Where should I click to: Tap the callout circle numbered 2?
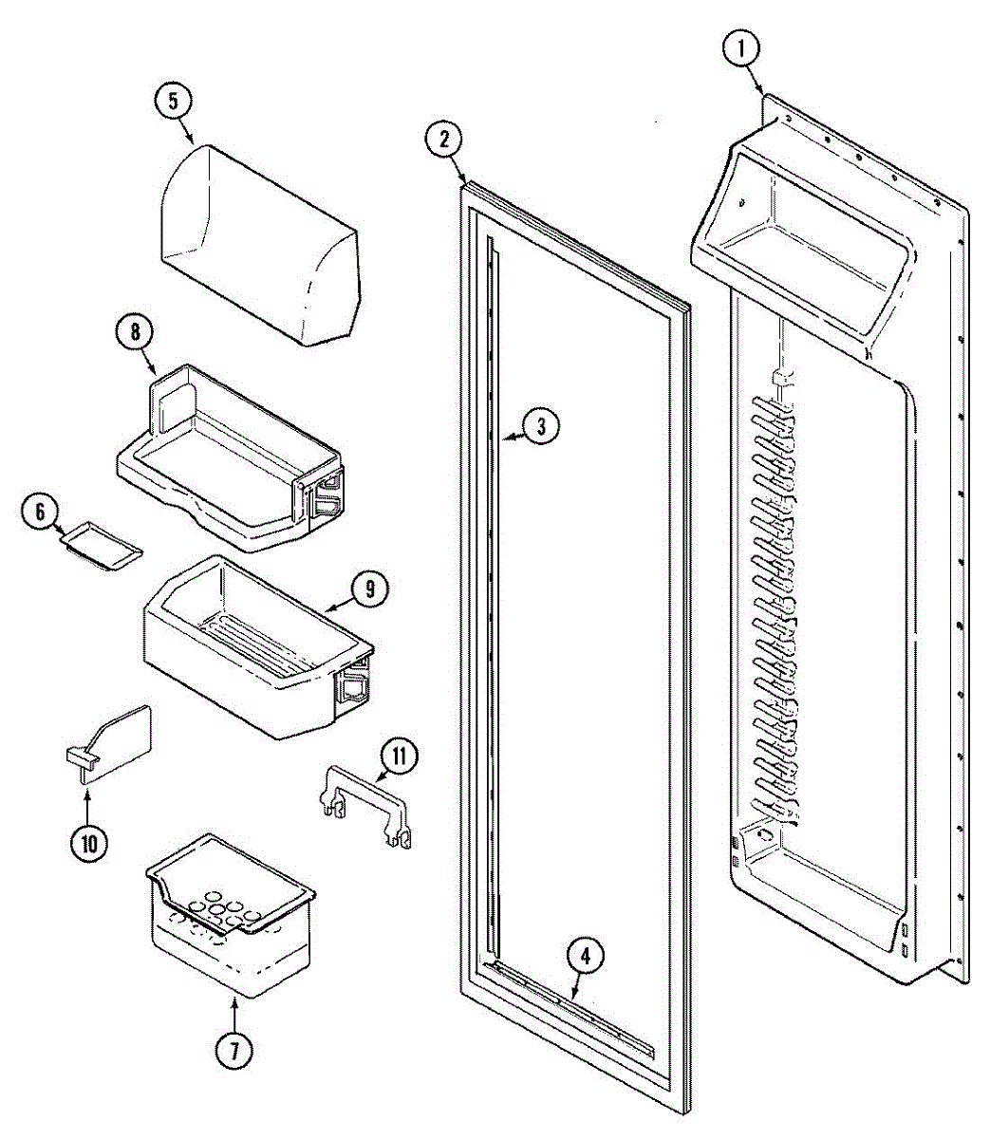click(443, 140)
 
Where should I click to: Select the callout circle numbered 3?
click(539, 426)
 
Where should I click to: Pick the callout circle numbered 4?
click(585, 957)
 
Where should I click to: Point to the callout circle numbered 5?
click(174, 103)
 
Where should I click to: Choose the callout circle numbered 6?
click(40, 513)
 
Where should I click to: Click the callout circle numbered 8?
click(135, 332)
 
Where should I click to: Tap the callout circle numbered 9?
click(369, 589)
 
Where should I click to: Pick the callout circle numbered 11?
click(400, 756)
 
